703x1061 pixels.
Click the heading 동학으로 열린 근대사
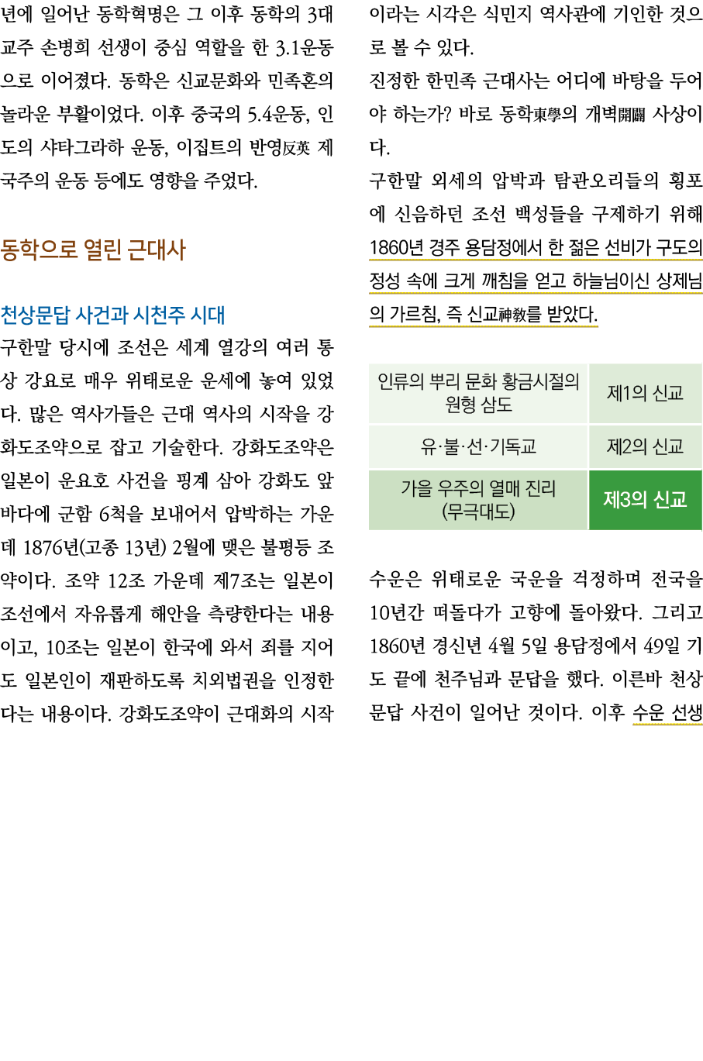(93, 250)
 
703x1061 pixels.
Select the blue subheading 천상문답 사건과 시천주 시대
(112, 315)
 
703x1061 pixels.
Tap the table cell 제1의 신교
(645, 394)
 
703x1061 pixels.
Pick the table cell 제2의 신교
(645, 446)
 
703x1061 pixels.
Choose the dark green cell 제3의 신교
(645, 500)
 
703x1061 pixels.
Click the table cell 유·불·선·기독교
(478, 446)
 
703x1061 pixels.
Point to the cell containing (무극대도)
(478, 512)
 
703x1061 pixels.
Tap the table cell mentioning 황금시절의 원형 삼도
(478, 393)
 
